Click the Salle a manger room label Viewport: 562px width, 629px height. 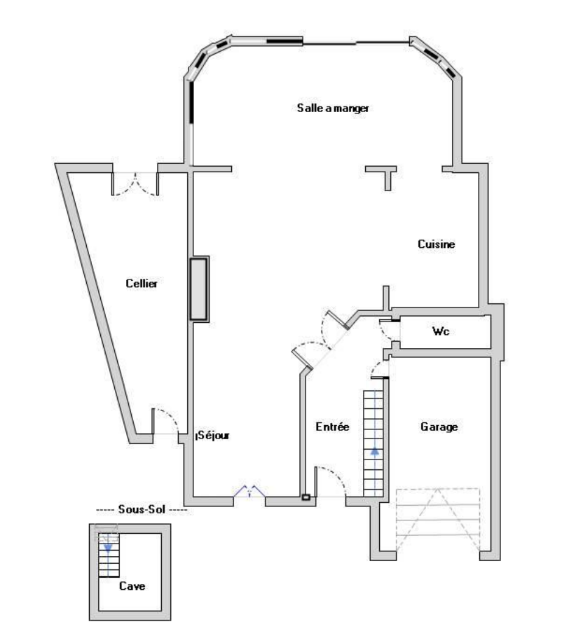[x=333, y=109]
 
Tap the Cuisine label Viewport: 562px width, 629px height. [x=437, y=244]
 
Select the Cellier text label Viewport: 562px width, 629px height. [x=142, y=284]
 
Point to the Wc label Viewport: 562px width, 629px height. [x=441, y=331]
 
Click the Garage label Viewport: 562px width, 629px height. [x=439, y=427]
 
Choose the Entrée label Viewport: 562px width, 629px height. [x=332, y=427]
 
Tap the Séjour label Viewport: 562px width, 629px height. [x=213, y=435]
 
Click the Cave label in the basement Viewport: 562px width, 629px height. [x=132, y=586]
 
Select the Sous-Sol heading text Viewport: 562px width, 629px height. [x=142, y=509]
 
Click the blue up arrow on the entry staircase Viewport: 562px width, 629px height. [x=374, y=452]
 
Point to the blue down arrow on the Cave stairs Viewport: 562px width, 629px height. [x=108, y=548]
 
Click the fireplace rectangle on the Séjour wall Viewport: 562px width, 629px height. [x=199, y=289]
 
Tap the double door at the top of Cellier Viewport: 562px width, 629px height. [x=135, y=184]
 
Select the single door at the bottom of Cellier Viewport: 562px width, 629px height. [x=165, y=421]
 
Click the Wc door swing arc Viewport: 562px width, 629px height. [x=385, y=332]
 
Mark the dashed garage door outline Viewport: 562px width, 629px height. [x=438, y=520]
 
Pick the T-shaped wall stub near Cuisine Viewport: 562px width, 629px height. [x=381, y=177]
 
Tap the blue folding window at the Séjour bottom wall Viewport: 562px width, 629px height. [x=249, y=492]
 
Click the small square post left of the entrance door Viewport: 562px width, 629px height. [x=306, y=497]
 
